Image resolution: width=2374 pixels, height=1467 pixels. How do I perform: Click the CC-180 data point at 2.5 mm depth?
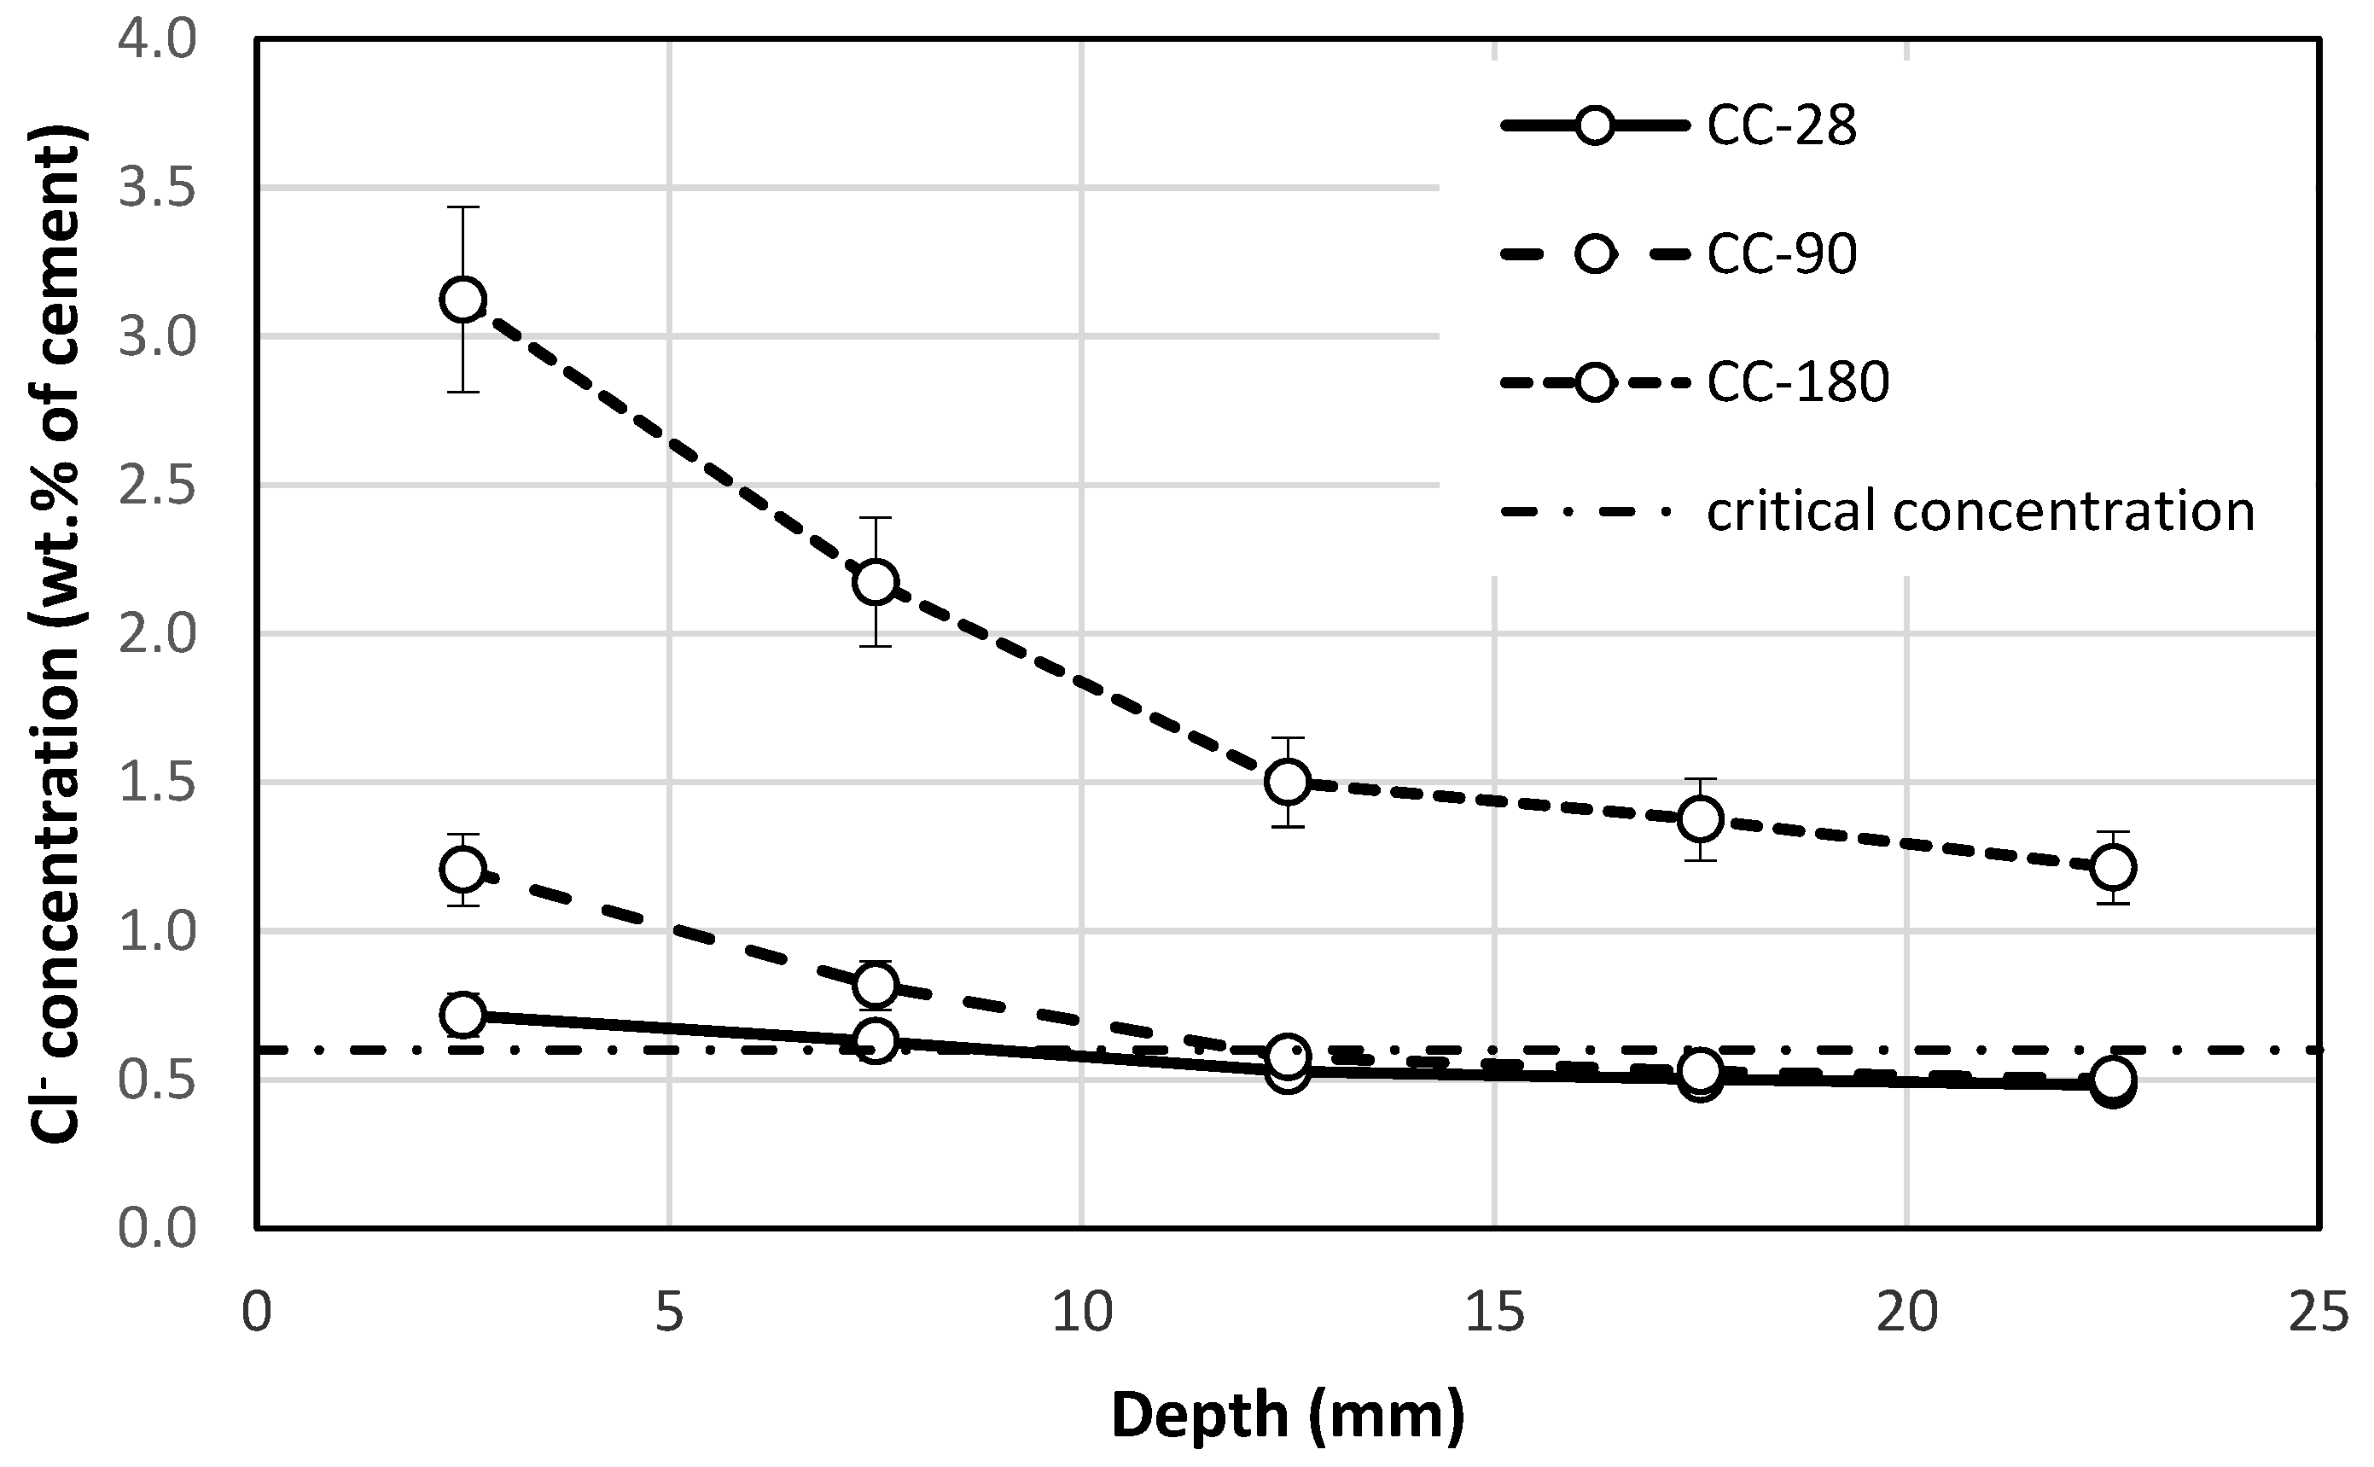point(463,299)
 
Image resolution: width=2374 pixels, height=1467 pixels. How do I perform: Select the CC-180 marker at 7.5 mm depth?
point(875,582)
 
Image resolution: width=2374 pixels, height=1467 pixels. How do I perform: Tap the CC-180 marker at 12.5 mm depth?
point(1288,781)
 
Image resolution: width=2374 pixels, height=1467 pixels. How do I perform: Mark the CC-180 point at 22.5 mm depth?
point(2113,866)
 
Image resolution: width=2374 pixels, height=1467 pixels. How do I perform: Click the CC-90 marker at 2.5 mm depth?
point(463,870)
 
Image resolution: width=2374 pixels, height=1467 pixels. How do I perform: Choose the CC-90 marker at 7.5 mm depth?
point(875,985)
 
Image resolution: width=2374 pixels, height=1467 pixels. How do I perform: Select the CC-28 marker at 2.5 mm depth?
point(463,1015)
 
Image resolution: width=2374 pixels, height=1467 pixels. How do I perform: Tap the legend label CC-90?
point(1781,254)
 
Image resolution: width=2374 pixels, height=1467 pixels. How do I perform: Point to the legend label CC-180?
point(1798,381)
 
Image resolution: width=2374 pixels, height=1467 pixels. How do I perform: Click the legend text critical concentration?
point(1980,511)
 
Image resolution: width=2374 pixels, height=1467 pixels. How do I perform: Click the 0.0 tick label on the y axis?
point(156,1228)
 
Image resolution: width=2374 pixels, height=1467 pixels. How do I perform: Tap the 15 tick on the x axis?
point(1494,1313)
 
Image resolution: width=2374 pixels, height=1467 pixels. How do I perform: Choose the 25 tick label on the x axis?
point(2319,1313)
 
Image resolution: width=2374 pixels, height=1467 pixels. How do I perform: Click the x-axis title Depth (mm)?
point(1288,1416)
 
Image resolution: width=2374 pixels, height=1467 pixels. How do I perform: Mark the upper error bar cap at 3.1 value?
point(463,207)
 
